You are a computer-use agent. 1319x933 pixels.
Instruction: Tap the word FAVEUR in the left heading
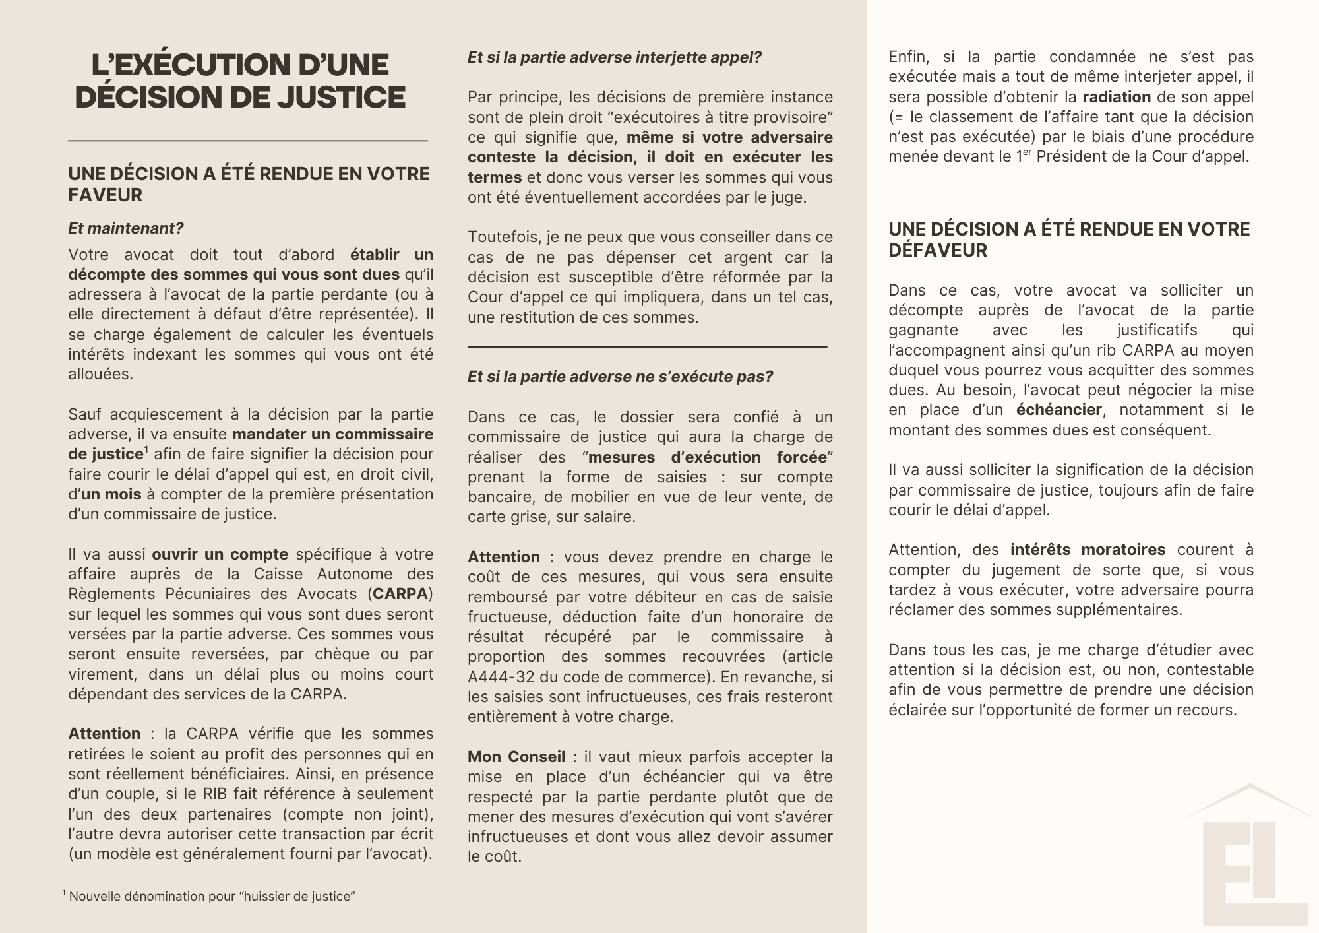click(x=106, y=195)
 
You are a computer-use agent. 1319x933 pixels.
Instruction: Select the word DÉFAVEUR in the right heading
click(x=938, y=251)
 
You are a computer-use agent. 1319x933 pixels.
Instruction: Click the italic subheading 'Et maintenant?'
click(x=126, y=228)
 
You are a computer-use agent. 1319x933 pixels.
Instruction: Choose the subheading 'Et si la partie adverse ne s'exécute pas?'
click(x=620, y=377)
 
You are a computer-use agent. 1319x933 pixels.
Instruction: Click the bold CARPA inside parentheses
click(x=400, y=594)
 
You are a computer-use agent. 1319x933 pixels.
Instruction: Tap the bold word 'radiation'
click(x=1117, y=97)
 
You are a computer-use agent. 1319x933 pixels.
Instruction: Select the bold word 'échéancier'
click(x=1058, y=410)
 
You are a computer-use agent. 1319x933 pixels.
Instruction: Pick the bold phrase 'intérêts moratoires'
click(x=1088, y=550)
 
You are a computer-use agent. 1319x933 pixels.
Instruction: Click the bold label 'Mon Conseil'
click(x=516, y=757)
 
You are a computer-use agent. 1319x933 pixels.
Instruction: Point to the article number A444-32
click(x=499, y=677)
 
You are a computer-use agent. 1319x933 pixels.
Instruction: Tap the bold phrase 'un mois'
click(x=111, y=494)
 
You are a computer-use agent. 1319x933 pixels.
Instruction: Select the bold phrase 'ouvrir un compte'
click(x=220, y=554)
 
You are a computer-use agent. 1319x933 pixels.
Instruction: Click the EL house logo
click(x=1249, y=858)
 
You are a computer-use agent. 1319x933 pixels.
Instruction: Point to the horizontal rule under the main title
click(x=248, y=141)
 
